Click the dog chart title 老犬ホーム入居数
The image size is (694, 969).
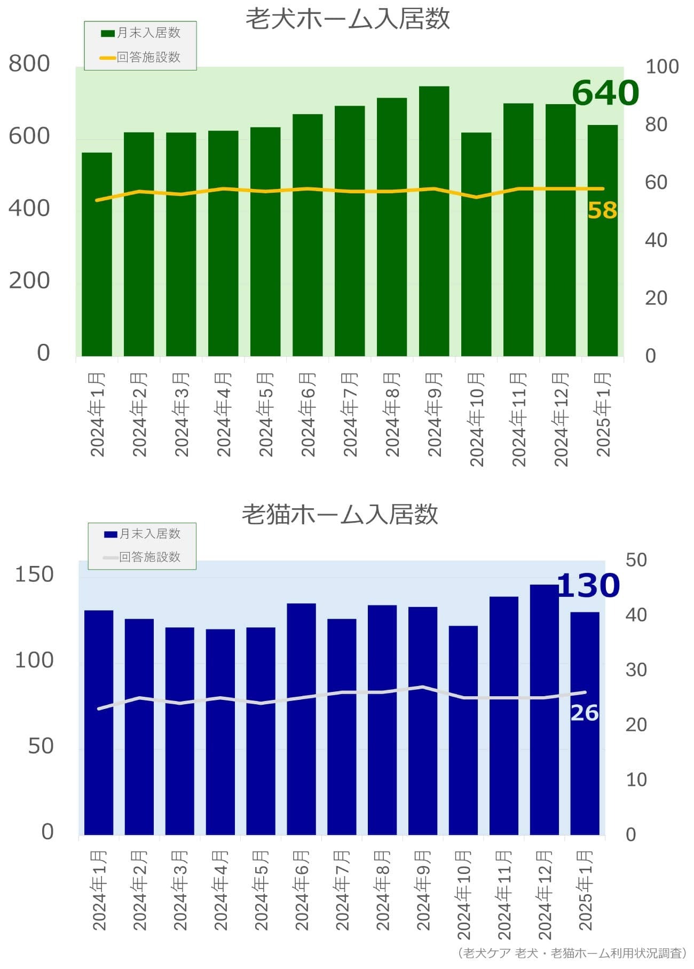(x=348, y=19)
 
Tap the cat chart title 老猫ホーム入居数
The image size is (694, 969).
(x=340, y=514)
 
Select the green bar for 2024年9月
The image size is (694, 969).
(x=433, y=221)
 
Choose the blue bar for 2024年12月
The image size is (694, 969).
(x=544, y=710)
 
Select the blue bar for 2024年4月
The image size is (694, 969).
(x=220, y=732)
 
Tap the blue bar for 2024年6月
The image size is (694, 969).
(x=301, y=719)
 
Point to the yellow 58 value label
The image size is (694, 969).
(x=602, y=210)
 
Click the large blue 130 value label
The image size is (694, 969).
(x=588, y=586)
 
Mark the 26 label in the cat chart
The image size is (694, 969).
(x=585, y=713)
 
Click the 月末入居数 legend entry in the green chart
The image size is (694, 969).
(x=141, y=33)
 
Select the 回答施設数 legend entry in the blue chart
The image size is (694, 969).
(x=142, y=557)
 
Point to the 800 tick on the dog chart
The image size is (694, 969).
(x=29, y=64)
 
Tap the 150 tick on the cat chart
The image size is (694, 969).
(x=34, y=574)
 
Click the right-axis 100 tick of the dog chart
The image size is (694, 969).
(x=662, y=67)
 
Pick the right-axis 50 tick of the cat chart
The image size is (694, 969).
(x=636, y=560)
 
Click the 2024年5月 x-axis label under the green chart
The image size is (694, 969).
(x=265, y=414)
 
